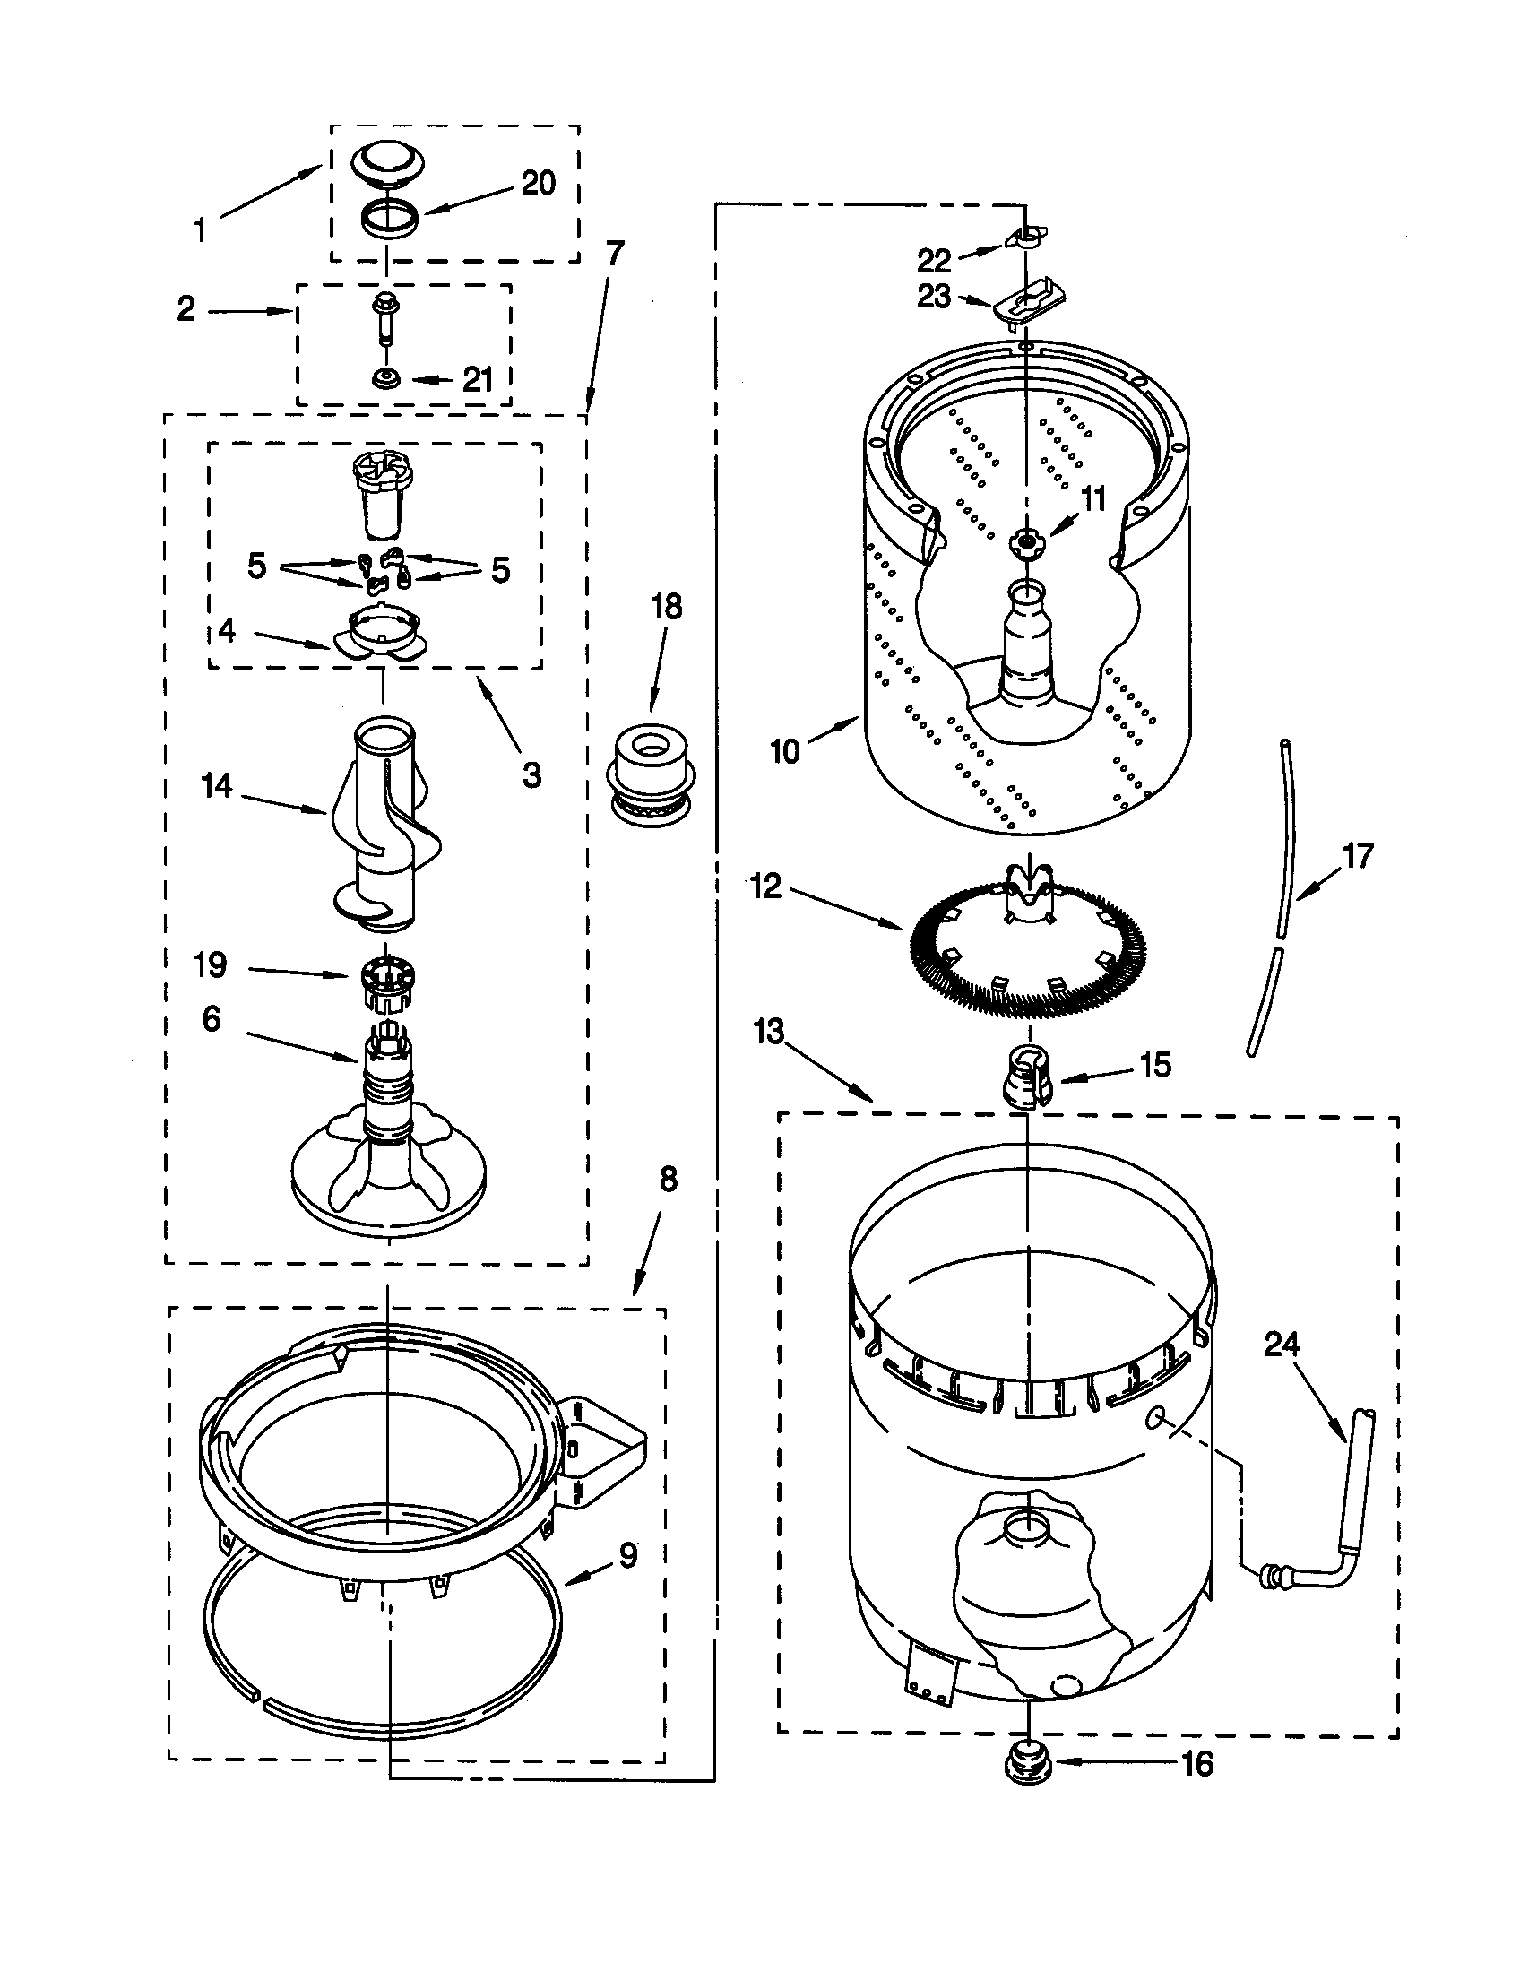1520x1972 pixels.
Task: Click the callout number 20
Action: tap(538, 183)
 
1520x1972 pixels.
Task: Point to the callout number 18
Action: tap(667, 607)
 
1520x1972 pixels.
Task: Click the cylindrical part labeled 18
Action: tap(649, 765)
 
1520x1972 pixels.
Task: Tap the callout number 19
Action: tap(211, 965)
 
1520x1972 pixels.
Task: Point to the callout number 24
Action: tap(1282, 1345)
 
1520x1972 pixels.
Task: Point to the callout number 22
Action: tap(934, 261)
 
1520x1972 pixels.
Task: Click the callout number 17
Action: tap(1359, 855)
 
